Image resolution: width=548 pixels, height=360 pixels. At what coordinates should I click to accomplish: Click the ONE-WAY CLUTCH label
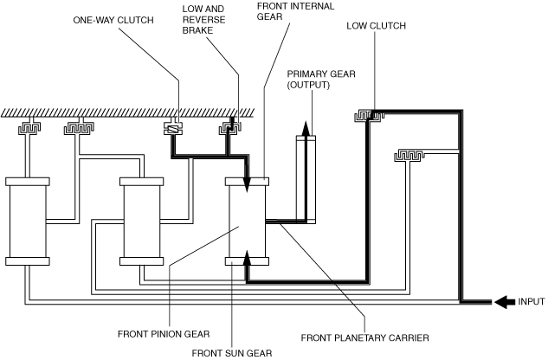coord(113,20)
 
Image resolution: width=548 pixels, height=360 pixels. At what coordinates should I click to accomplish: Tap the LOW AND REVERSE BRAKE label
coord(203,20)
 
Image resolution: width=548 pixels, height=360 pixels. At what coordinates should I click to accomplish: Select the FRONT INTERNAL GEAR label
coord(296,11)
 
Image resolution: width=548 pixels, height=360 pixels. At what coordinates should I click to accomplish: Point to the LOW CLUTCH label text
coord(376,26)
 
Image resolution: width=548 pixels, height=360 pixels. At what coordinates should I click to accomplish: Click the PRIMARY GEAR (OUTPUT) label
coord(321,80)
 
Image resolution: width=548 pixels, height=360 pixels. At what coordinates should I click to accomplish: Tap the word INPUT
coord(532,302)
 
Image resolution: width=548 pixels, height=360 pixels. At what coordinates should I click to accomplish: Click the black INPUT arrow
coord(505,302)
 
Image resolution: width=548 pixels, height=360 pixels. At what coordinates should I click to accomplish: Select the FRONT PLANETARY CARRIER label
coord(364,338)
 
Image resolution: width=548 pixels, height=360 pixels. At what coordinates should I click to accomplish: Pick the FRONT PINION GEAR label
coord(164,334)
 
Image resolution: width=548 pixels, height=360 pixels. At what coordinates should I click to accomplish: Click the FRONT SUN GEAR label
coord(232,353)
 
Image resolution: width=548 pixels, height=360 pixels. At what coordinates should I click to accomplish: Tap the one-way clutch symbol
coord(173,129)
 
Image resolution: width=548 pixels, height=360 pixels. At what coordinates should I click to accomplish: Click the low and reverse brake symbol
coord(230,128)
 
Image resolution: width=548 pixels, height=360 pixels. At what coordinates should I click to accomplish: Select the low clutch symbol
coord(369,116)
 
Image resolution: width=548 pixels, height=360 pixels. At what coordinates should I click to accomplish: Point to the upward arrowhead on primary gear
coord(306,128)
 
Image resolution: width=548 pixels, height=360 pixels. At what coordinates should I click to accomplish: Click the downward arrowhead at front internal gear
coord(247,184)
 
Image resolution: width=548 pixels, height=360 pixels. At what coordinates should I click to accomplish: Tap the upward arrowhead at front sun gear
coord(247,258)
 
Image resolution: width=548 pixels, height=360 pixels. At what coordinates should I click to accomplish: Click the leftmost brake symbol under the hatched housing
coord(29,128)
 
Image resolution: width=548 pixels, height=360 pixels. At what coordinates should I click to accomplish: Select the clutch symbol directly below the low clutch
coord(409,156)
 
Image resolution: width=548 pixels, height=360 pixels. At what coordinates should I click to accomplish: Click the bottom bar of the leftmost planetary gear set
coord(28,261)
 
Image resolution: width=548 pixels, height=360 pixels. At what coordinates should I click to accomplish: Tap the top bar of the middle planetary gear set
coord(141,182)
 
